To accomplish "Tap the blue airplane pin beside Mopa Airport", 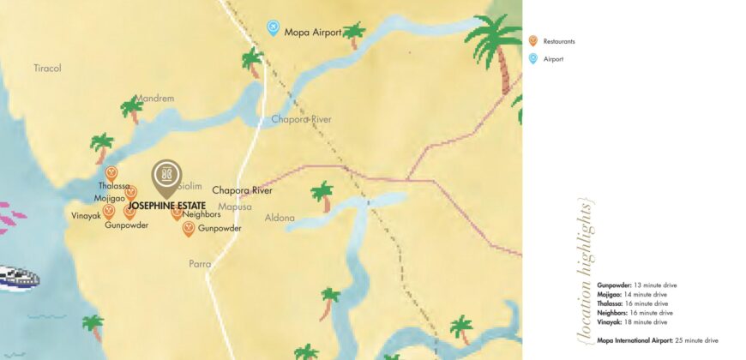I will coord(274,28).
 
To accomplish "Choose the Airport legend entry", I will coord(553,59).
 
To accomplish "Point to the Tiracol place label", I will coord(48,68).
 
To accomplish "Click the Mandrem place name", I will coord(154,99).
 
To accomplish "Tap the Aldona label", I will coord(280,218).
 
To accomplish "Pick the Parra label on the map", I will coord(200,264).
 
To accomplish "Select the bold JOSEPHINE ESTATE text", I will coord(167,207).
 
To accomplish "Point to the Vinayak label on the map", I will coord(86,216).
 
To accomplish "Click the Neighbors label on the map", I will coord(202,215).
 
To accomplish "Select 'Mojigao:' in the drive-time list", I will coord(610,294).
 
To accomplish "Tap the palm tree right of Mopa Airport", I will coord(353,34).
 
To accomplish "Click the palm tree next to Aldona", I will coord(322,195).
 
